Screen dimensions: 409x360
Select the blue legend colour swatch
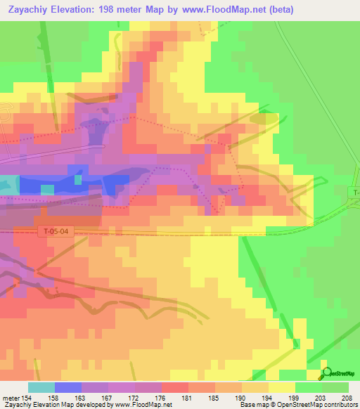coord(68,387)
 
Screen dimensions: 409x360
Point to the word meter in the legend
coord(11,398)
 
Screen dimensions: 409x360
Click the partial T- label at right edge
coord(355,193)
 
